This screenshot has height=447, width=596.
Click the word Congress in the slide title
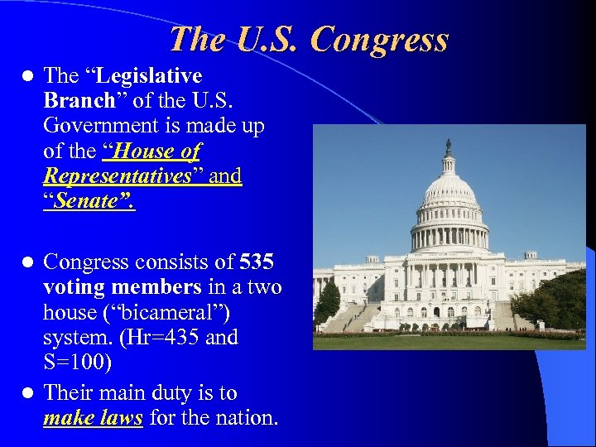pos(382,39)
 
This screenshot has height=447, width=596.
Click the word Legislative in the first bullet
pos(150,76)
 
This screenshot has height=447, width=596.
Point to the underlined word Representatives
pos(118,176)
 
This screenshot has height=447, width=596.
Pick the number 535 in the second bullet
pos(257,262)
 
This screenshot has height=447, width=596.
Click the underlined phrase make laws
pos(93,418)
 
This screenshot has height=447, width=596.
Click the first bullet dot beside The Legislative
pos(26,76)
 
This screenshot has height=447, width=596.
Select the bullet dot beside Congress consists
pos(26,262)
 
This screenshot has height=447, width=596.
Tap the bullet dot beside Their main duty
pos(26,392)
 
